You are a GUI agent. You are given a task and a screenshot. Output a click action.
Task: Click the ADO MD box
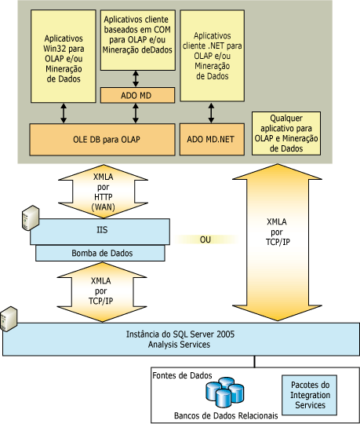137,95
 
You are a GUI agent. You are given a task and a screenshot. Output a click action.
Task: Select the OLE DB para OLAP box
103,140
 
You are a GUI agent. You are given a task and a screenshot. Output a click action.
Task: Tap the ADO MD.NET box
212,139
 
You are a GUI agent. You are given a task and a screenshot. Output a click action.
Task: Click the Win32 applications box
64,57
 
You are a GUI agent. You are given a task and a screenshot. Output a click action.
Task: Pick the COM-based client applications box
138,40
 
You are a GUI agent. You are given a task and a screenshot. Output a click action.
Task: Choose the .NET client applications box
213,56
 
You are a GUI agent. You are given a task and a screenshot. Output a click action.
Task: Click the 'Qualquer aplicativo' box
286,133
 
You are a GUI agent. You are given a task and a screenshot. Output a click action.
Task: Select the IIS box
100,232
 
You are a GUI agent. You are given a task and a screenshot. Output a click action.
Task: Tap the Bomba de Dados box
100,253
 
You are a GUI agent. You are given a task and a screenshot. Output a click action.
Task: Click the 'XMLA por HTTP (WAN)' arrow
103,192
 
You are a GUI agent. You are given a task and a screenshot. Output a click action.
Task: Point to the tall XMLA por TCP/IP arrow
277,243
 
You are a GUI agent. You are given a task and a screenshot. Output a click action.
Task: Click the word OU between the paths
205,239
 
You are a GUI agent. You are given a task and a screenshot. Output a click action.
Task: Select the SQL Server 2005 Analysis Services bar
181,339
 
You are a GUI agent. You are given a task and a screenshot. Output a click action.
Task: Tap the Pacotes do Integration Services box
309,395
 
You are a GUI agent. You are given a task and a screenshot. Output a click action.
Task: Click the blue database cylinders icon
225,392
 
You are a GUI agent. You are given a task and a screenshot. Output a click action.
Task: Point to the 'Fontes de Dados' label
182,375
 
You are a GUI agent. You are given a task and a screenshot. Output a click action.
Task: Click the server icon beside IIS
31,217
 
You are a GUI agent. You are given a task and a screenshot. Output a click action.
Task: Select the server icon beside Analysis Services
9,319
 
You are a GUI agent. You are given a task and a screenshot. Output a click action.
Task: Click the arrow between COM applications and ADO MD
136,79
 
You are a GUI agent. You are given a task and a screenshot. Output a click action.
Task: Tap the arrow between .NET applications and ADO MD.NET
211,113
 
